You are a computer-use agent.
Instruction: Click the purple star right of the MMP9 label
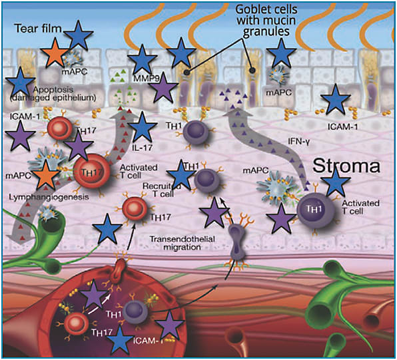tap(163, 88)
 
